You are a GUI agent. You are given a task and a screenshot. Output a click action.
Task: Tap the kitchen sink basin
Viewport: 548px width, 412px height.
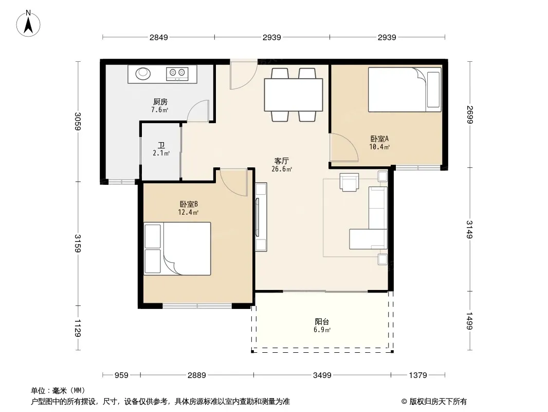point(143,73)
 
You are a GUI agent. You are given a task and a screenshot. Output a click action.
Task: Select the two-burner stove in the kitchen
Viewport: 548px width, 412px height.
point(177,74)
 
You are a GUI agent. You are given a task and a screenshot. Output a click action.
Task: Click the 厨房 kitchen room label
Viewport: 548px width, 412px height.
point(160,102)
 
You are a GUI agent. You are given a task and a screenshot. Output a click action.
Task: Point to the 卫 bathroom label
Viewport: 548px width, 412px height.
point(161,145)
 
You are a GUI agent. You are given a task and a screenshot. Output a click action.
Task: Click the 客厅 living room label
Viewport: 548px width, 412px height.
point(281,161)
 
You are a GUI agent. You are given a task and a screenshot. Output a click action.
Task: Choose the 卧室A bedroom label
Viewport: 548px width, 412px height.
point(379,139)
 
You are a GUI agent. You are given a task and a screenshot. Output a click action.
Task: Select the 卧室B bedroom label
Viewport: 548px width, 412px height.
point(189,204)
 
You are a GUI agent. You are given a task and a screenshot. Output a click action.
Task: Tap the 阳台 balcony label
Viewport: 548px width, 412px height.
point(322,322)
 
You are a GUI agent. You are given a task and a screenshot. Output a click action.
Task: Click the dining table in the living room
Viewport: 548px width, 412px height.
point(294,95)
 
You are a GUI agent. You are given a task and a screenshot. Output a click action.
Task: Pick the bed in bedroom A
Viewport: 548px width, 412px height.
point(405,90)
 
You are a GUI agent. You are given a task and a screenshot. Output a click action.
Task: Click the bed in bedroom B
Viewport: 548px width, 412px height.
point(177,249)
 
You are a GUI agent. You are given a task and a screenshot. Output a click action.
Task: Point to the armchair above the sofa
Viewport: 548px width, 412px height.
point(349,182)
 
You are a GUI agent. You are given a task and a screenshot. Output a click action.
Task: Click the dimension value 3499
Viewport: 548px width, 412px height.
point(322,375)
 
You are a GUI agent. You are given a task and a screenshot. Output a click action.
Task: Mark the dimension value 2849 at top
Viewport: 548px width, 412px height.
point(159,38)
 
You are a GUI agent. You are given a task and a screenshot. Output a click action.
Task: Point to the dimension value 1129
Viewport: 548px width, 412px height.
point(78,328)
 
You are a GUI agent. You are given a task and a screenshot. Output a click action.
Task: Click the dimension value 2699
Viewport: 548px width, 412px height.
point(469,114)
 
